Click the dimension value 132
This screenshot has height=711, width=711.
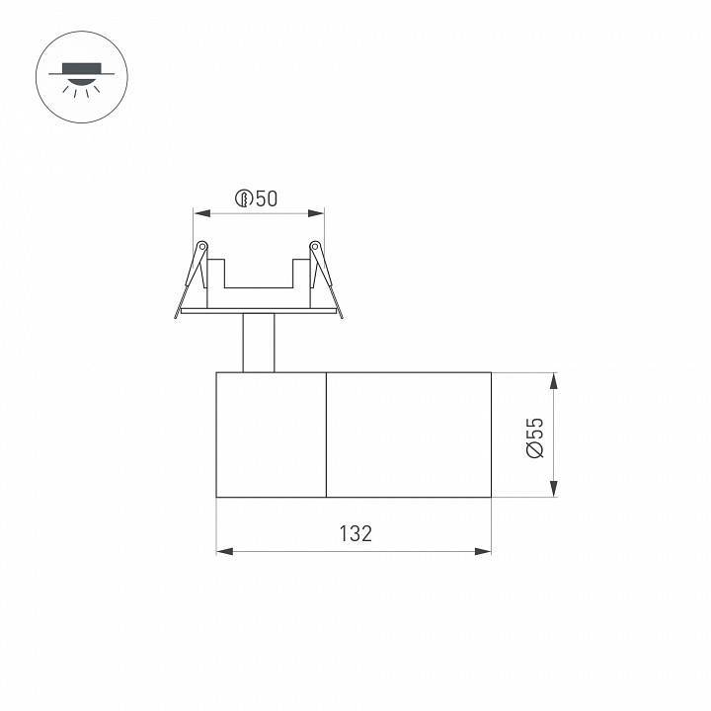(355, 534)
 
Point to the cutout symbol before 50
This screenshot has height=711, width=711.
(243, 198)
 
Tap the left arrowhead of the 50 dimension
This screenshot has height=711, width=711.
(198, 212)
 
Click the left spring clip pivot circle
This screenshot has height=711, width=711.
(201, 246)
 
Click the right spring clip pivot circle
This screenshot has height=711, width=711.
(315, 246)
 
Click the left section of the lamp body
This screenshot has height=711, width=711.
(272, 434)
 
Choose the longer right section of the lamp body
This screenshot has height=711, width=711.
(409, 434)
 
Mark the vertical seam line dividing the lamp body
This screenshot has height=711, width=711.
(326, 434)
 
